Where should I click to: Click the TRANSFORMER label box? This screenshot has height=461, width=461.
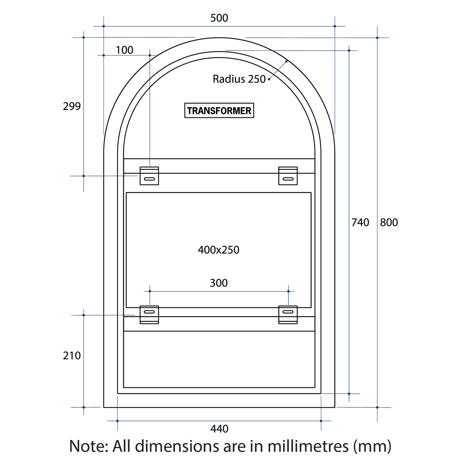point(219,111)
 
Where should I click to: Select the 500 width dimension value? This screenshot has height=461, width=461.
point(219,18)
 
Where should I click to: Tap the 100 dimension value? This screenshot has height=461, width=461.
point(125,50)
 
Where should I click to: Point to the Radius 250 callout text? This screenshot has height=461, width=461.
point(239,79)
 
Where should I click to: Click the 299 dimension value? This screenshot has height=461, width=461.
point(72,106)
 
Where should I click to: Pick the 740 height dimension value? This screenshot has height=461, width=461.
point(360,222)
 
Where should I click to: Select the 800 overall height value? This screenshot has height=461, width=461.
point(388,222)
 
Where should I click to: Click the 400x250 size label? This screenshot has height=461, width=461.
point(219,250)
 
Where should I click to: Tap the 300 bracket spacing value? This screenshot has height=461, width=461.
point(219,283)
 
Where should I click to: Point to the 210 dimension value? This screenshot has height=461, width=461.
point(72,356)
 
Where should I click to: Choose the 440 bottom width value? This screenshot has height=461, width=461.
point(219,429)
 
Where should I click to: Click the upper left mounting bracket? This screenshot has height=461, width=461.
point(149,176)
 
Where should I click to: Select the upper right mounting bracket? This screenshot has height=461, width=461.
point(288,176)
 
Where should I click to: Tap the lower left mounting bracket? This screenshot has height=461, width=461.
point(149,315)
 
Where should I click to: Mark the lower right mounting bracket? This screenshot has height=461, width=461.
point(288,315)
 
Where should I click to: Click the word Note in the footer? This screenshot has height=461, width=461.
point(88,446)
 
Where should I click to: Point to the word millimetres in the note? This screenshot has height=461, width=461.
point(308,446)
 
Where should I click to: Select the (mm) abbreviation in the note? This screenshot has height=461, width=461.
point(372,446)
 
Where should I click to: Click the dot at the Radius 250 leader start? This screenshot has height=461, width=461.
point(269,79)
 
